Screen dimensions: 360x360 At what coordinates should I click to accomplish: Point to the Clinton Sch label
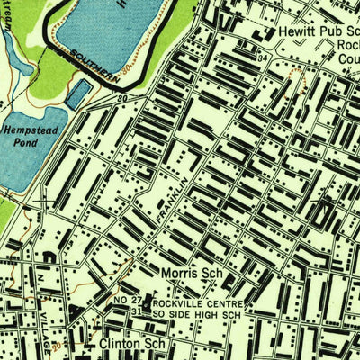point(128,343)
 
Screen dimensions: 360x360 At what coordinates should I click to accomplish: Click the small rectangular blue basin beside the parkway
point(78,94)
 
